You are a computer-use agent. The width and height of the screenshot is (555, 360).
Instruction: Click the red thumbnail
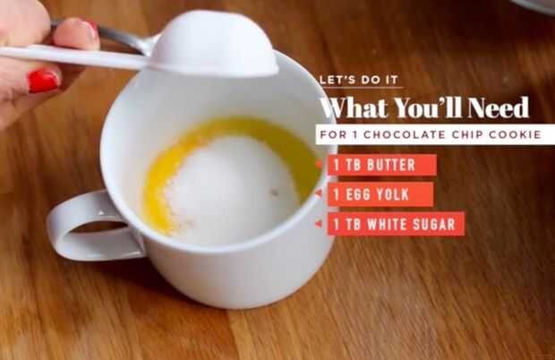pyautogui.click(x=43, y=81)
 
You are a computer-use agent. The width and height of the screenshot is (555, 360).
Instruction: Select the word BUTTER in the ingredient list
pyautogui.click(x=391, y=165)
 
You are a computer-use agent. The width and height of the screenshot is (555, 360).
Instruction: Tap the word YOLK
pyautogui.click(x=393, y=194)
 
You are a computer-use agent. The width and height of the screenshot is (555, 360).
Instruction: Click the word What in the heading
pyautogui.click(x=354, y=107)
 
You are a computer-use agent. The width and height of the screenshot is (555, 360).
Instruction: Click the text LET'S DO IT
pyautogui.click(x=359, y=80)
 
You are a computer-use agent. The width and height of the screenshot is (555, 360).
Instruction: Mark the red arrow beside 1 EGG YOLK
pyautogui.click(x=319, y=193)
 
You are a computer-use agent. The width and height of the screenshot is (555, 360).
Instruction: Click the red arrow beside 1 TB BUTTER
pyautogui.click(x=319, y=164)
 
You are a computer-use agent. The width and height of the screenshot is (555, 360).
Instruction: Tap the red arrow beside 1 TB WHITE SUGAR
pyautogui.click(x=319, y=224)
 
